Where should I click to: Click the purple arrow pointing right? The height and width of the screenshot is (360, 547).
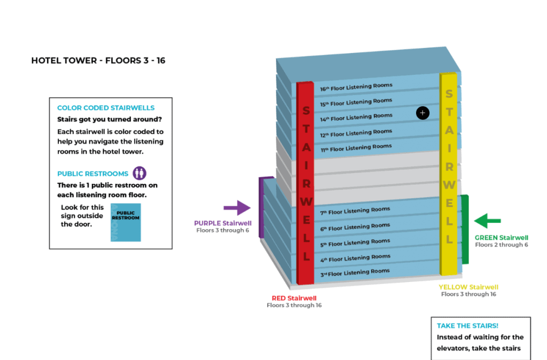click(237, 208)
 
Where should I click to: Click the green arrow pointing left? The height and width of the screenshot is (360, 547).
click(488, 220)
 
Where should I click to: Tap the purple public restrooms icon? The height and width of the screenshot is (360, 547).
click(139, 173)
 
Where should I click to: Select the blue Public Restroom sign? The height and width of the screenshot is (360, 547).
click(126, 222)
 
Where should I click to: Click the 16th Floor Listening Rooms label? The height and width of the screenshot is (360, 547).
click(356, 87)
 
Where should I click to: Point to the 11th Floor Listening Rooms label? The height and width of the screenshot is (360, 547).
click(356, 147)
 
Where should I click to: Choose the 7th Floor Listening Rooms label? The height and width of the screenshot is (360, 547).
click(355, 211)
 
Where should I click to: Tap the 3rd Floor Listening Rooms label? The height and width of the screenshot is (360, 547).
click(355, 273)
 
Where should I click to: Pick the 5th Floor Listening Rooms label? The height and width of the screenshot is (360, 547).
click(355, 242)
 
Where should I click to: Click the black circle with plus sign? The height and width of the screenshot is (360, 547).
click(423, 113)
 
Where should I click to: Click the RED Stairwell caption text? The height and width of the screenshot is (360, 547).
click(294, 298)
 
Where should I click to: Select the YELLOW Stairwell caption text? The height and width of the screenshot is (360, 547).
click(468, 287)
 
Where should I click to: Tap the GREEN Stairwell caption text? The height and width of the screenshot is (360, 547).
click(501, 238)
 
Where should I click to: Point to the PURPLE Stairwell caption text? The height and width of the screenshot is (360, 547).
click(222, 223)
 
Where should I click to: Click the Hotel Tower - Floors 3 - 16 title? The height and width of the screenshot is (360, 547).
click(98, 61)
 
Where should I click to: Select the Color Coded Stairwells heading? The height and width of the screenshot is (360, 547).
click(106, 108)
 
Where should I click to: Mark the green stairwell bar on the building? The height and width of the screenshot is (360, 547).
click(465, 230)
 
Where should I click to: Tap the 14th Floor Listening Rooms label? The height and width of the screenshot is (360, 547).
click(356, 118)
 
